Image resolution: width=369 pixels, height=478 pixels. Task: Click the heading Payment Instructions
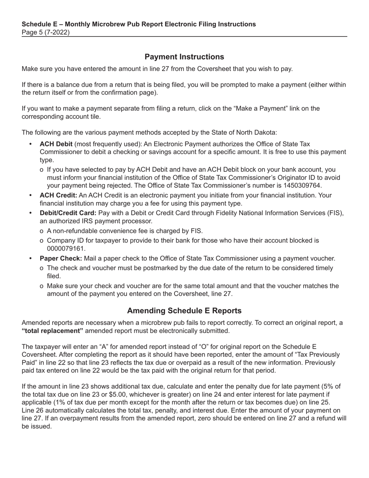(x=184, y=57)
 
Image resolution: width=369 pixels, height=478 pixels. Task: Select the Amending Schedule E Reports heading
(x=184, y=311)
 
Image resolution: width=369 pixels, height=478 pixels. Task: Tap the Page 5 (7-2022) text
(x=46, y=33)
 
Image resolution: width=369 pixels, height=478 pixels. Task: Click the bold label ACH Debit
(x=56, y=144)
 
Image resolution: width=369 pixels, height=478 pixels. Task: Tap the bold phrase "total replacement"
(x=52, y=331)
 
